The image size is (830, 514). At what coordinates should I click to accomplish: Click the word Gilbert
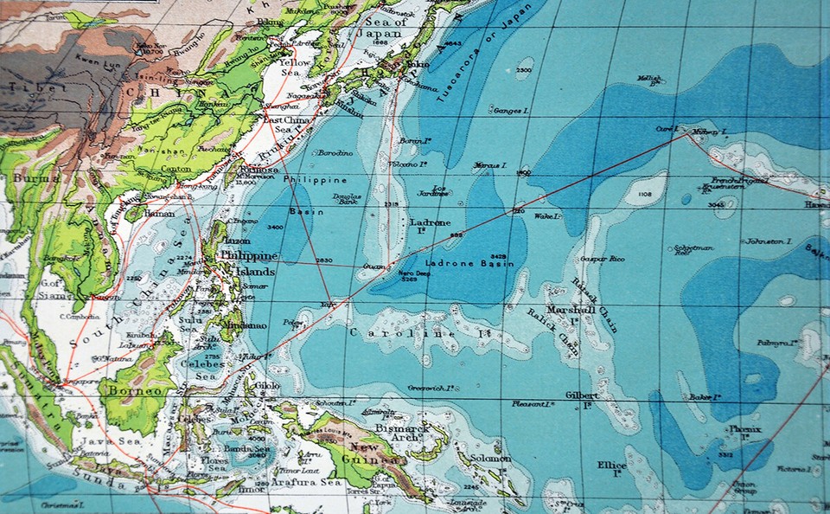(582, 395)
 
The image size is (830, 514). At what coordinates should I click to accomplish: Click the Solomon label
(491, 458)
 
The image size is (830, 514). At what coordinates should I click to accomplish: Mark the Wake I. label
(548, 215)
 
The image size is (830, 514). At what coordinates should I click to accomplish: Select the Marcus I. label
(490, 165)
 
